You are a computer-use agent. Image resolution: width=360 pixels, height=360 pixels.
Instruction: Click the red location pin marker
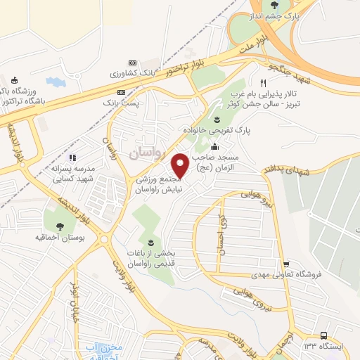click(x=181, y=165)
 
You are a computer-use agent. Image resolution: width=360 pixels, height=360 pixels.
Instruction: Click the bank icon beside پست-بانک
click(x=122, y=92)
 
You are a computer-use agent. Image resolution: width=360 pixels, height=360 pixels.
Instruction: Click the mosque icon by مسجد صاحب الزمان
click(x=214, y=148)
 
